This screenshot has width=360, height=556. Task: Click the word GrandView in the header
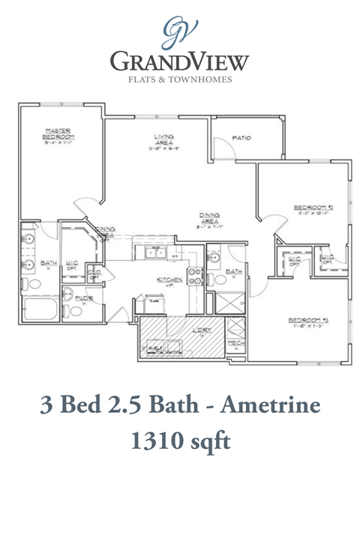tap(179, 61)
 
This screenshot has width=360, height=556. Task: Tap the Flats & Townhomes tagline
tap(179, 78)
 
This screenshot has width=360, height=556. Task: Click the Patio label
tap(241, 138)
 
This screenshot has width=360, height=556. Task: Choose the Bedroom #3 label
tap(309, 323)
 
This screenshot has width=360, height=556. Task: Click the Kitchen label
tap(165, 279)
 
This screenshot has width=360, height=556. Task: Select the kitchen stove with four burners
tap(194, 277)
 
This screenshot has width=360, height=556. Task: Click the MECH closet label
tap(235, 344)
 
